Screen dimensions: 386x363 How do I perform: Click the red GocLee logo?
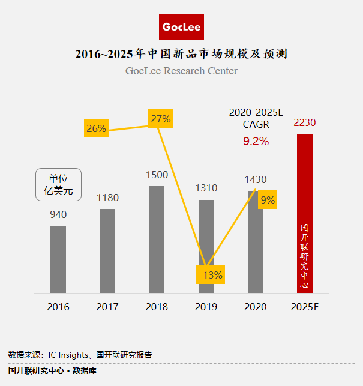[182, 28]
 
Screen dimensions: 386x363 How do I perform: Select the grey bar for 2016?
[58, 259]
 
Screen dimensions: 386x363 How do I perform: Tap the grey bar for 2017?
[107, 251]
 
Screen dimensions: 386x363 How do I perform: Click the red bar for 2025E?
[305, 213]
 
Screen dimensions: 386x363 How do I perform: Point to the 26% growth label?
[96, 128]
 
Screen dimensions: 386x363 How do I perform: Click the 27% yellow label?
[161, 119]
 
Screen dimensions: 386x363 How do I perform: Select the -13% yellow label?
[210, 275]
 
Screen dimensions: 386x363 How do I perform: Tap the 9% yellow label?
[268, 201]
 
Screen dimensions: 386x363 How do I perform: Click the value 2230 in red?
[305, 123]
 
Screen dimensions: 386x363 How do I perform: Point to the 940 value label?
[58, 214]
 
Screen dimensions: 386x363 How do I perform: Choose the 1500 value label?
[157, 175]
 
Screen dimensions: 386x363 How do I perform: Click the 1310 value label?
[206, 188]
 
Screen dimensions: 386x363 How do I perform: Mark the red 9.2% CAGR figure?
[256, 142]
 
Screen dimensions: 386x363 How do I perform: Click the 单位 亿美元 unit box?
[59, 185]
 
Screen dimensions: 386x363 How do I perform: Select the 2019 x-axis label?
[206, 307]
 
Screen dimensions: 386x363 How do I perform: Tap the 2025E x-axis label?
[305, 307]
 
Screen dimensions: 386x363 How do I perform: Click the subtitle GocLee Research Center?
[182, 71]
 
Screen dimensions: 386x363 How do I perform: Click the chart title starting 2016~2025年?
[182, 54]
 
